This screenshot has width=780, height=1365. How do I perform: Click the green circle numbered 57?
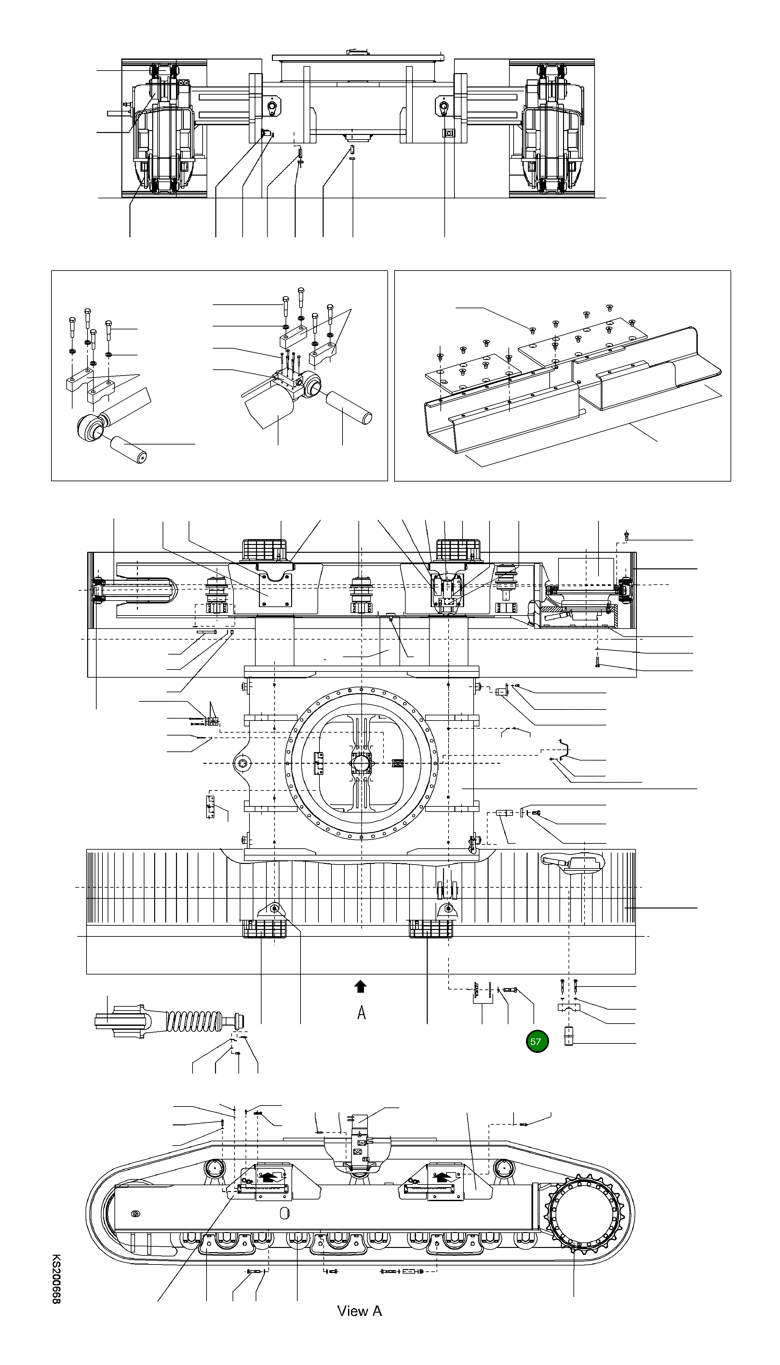[x=536, y=1041]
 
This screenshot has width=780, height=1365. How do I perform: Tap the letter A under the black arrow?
[x=362, y=1013]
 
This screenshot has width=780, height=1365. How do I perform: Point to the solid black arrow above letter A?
[x=360, y=986]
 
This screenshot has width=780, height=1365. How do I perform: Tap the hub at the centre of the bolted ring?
[x=362, y=762]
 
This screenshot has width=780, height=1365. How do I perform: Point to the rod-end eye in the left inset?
[x=90, y=429]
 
